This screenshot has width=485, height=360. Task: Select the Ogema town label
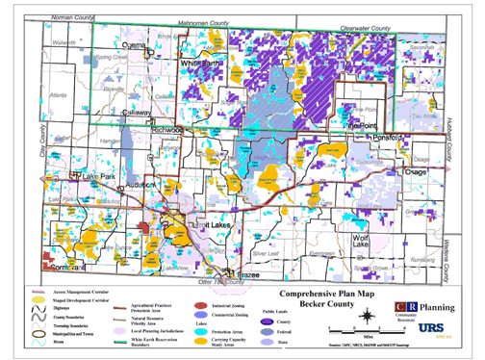tap(131, 45)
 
